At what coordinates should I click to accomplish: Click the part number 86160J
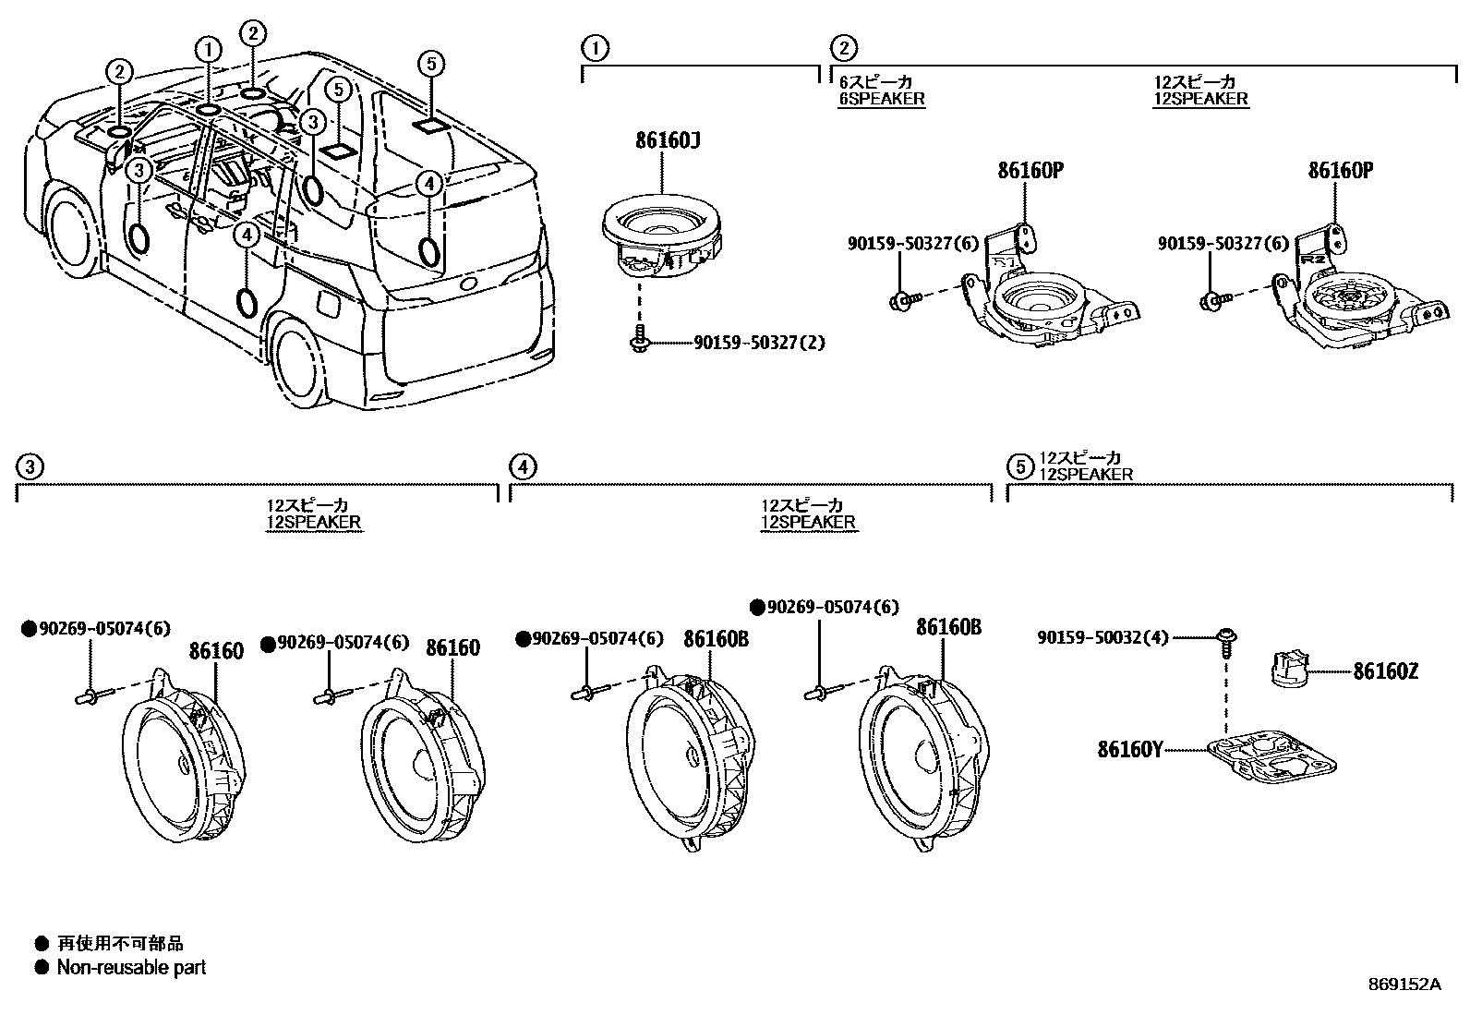click(x=668, y=140)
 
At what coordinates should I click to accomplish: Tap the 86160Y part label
click(x=1130, y=749)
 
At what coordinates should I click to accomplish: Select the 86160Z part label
click(x=1385, y=671)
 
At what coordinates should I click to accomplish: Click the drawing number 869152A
click(x=1404, y=985)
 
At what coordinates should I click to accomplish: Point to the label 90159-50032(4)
click(x=1102, y=637)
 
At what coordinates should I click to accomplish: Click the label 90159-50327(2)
click(x=759, y=343)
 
